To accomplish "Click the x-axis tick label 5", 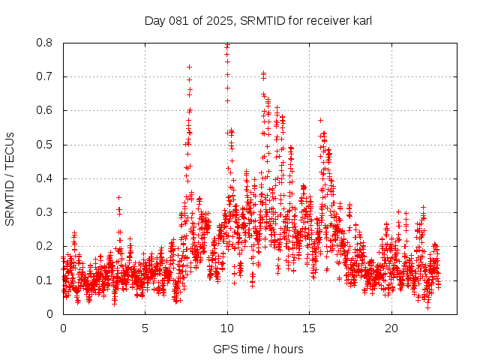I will (145, 328).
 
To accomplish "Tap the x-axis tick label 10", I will (227, 328).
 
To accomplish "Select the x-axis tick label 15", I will (310, 328).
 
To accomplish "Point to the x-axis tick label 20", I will (391, 328).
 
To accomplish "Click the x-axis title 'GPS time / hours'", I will (258, 349).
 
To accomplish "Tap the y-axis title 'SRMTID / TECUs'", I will (10, 179).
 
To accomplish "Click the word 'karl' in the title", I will (361, 20).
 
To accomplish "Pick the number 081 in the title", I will (178, 20).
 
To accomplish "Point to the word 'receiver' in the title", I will (327, 20).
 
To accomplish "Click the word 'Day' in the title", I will (154, 20).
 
